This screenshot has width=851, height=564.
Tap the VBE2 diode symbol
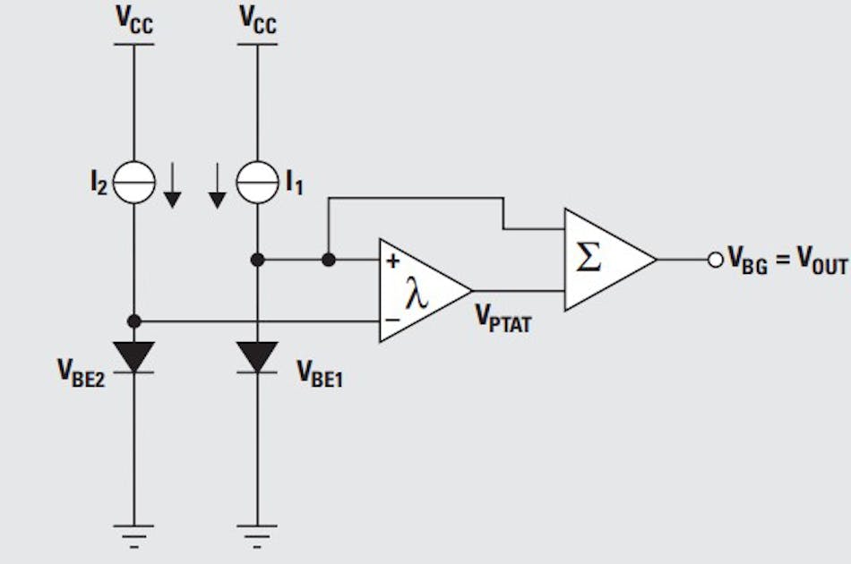134,357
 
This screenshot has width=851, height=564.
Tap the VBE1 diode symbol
257,357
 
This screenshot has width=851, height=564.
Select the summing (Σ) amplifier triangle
602,260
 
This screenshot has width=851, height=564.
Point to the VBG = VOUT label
787,261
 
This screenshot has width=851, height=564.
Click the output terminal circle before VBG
715,260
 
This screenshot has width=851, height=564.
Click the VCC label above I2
134,20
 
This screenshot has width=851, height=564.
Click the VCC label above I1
258,20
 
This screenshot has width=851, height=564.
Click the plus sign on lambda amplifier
393,261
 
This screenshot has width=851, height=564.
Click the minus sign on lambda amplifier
393,319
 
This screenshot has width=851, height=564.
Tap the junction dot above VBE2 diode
134,320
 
